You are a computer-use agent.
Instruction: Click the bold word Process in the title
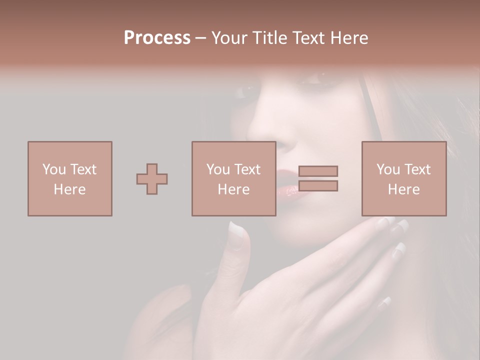(157, 38)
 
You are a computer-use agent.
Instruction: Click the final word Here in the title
(349, 38)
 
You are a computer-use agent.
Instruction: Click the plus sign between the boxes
(152, 179)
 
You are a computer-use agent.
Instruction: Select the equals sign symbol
(318, 178)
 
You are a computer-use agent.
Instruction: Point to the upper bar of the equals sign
(318, 171)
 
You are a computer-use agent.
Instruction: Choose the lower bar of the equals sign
(318, 186)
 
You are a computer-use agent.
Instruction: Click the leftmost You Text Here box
(69, 179)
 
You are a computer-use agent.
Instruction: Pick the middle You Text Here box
(233, 179)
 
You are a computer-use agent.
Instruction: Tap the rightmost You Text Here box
(403, 179)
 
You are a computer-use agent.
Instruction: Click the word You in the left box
(53, 169)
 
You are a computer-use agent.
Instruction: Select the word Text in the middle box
(247, 169)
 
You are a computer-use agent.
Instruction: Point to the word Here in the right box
(403, 189)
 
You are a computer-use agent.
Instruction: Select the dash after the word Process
(201, 38)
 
